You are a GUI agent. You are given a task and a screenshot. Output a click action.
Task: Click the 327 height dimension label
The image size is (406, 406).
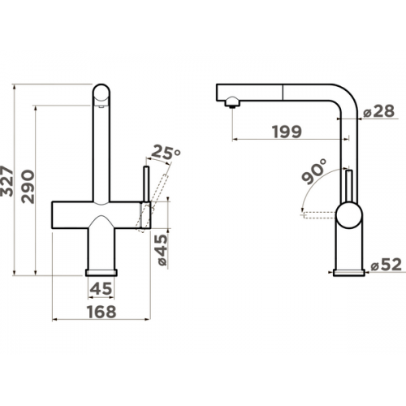coord(6,181)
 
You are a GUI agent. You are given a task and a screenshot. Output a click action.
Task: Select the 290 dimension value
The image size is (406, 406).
coord(28,187)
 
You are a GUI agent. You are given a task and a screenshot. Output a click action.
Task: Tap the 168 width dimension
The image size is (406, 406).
coord(101,312)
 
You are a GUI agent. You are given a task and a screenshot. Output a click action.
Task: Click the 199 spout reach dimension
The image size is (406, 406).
coord(287,132)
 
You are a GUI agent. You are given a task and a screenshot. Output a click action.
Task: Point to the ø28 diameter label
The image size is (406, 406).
coord(379,111)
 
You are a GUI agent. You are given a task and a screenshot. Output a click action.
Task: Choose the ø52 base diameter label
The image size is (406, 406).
coord(387,265)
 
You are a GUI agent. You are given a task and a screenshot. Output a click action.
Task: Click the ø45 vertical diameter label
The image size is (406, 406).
coord(162,250)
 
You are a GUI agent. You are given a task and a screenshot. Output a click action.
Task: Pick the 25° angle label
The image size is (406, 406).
coord(166,152)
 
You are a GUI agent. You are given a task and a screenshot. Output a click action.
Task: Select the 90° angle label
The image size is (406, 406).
coord(314,171)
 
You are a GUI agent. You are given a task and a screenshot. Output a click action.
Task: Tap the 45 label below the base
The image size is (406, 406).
coord(101,288)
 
